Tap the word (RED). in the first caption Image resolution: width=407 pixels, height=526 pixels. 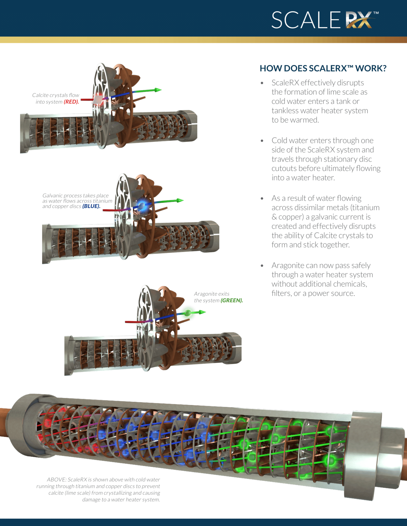[x=71, y=102]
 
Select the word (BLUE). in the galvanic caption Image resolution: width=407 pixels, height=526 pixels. [x=91, y=206]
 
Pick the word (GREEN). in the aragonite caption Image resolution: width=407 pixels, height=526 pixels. [x=232, y=300]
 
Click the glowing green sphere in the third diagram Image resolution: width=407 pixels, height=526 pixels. [x=188, y=313]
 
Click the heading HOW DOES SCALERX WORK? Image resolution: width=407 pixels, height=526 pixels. [x=323, y=68]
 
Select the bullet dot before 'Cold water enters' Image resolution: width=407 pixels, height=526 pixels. [x=262, y=141]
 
